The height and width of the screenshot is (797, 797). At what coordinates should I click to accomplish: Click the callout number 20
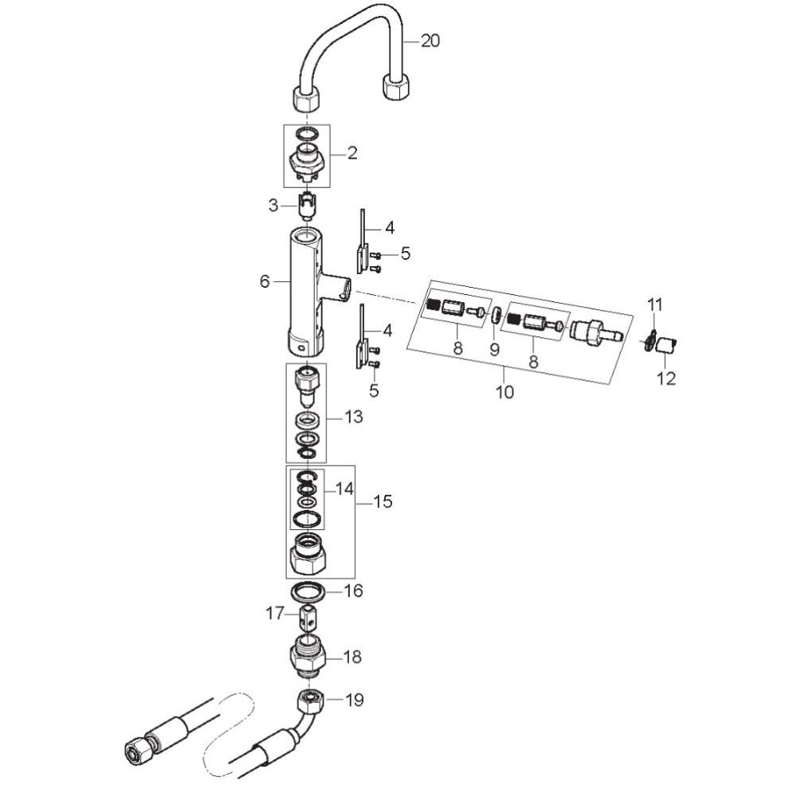coord(430,41)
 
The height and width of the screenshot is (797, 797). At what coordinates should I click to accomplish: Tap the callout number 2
coord(351,153)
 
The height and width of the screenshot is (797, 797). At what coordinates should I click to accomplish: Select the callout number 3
coord(273,206)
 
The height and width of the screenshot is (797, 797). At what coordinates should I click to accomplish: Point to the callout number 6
coord(265,281)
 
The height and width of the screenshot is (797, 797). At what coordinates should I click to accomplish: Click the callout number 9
coord(493,348)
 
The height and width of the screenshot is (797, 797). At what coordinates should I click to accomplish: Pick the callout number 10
coord(505,391)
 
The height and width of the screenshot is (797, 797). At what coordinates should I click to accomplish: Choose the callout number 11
coord(654,304)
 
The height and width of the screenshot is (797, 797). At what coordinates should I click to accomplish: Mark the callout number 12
coord(665,378)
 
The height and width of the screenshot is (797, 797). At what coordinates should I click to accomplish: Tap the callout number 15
coord(383,502)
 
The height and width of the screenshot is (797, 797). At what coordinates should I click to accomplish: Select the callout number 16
coord(352,591)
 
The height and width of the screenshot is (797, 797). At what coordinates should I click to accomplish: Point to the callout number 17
coord(275,614)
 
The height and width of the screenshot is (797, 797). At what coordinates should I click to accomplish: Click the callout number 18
coord(351,658)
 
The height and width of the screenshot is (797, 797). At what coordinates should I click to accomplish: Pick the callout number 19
coord(354,701)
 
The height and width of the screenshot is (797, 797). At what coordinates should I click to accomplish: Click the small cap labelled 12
coord(669,345)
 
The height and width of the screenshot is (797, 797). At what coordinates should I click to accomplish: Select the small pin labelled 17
coord(308,615)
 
